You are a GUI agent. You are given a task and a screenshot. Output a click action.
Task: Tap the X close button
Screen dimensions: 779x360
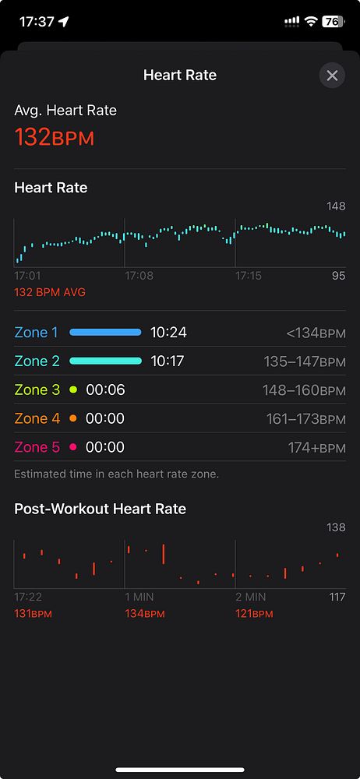[x=332, y=76]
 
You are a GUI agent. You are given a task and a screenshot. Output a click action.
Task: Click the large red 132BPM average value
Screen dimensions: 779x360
[x=55, y=137]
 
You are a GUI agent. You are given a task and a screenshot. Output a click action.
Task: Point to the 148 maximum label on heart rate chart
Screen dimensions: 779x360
[x=336, y=206]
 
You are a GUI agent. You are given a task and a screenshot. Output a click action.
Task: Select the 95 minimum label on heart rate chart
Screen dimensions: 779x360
[x=338, y=276]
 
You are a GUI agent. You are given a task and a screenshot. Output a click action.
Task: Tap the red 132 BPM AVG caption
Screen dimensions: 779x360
[x=50, y=292]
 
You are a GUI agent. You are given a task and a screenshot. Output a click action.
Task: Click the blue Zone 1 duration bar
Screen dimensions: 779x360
[x=105, y=333]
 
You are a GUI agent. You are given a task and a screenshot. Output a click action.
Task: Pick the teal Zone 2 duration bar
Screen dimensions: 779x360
[x=105, y=361]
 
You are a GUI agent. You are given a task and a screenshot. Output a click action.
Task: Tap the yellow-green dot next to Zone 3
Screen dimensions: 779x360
[x=73, y=389]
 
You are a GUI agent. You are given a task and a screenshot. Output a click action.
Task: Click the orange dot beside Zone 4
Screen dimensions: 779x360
[x=73, y=418]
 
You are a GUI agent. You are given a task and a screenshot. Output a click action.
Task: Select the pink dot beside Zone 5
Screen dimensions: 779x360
[x=73, y=447]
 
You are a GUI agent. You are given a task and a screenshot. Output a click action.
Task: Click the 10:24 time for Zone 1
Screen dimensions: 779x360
[x=168, y=333]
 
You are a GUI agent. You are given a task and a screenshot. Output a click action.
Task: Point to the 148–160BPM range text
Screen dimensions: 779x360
[x=305, y=390]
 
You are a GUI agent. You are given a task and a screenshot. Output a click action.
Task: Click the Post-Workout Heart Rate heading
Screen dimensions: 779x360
[x=100, y=509]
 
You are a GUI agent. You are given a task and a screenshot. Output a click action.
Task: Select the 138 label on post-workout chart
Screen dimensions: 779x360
[x=336, y=527]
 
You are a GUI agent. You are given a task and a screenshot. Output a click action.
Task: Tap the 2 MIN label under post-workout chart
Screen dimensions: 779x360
[x=250, y=597]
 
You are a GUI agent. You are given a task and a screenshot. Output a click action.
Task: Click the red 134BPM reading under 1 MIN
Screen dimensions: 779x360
[x=145, y=614]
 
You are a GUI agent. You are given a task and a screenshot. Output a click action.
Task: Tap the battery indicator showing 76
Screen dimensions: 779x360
[x=332, y=22]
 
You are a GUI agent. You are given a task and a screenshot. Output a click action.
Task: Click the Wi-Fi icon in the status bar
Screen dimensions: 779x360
[x=310, y=22]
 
